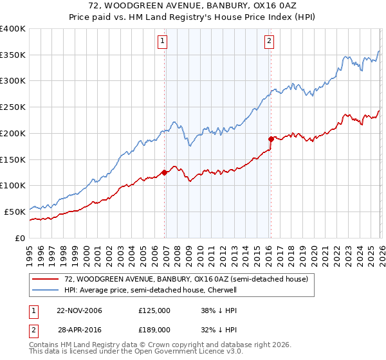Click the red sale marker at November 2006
click(165, 172)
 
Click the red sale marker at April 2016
click(271, 138)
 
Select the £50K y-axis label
click(15, 211)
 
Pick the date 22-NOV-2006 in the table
click(79, 310)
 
